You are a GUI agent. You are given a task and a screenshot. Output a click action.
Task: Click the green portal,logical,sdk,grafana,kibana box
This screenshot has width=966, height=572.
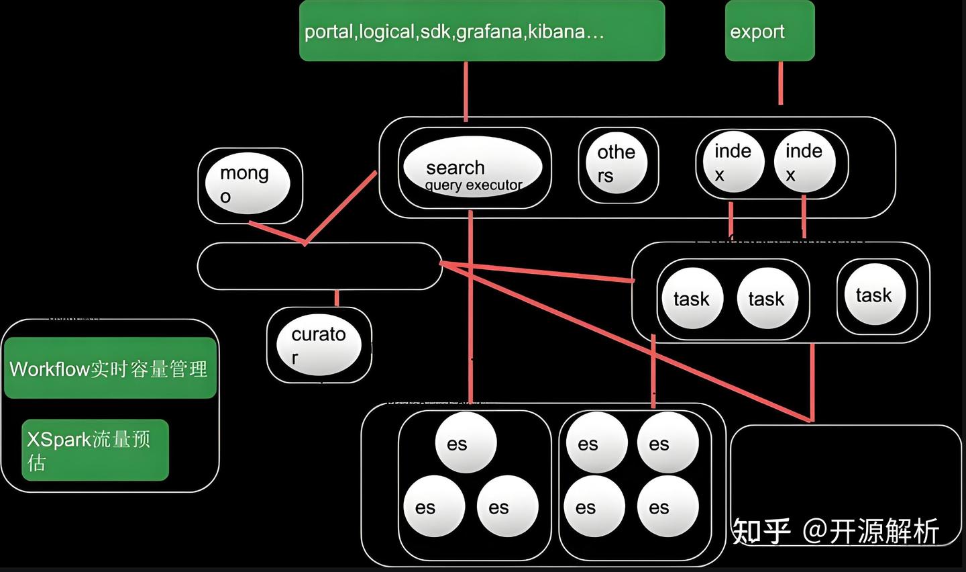click(x=482, y=31)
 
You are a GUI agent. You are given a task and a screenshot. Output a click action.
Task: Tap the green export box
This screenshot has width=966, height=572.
click(x=769, y=31)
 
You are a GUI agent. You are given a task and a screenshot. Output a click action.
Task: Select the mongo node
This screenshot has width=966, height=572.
click(x=247, y=184)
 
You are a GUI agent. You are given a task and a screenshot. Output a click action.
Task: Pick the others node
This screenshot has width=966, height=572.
click(x=615, y=164)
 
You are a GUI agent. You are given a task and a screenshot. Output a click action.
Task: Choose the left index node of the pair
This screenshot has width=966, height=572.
click(x=731, y=162)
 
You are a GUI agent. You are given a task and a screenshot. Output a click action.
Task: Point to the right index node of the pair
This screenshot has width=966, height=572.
click(x=804, y=162)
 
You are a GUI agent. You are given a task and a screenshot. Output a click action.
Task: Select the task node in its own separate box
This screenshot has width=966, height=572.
click(x=874, y=295)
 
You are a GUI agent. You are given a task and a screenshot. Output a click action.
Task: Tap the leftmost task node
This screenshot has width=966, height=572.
click(x=692, y=299)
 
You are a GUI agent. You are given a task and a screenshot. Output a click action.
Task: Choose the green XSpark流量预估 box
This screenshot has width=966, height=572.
click(x=95, y=450)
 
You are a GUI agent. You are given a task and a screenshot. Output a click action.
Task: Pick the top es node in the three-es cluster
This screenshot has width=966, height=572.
click(x=466, y=444)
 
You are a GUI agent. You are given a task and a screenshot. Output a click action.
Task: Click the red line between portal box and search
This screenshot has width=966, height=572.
click(x=466, y=91)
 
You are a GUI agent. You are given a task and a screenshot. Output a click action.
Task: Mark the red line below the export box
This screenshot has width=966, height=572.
click(x=780, y=83)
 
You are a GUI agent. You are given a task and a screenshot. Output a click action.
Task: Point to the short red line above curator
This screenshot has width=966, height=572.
click(x=337, y=298)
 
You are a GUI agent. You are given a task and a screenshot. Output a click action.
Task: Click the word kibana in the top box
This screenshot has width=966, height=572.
click(x=556, y=32)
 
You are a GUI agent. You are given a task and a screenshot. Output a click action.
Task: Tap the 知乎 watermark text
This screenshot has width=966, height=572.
click(x=761, y=531)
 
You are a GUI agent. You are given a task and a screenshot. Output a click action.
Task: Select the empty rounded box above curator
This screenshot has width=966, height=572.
click(x=319, y=267)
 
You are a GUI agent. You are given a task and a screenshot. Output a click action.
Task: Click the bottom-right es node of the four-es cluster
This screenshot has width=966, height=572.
click(x=667, y=508)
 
